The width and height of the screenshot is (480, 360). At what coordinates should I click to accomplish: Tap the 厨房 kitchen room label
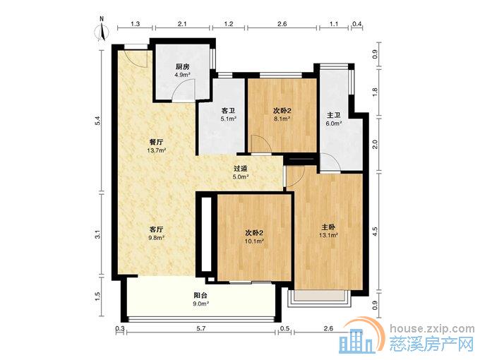point(182,66)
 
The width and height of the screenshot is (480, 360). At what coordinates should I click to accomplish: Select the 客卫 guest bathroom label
point(229,111)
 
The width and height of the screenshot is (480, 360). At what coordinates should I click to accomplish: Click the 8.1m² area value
point(282,118)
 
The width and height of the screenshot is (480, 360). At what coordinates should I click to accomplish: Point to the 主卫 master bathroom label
point(334,115)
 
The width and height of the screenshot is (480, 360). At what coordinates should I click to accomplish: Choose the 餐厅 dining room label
point(156,142)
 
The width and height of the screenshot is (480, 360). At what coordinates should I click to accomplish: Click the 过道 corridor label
point(240,169)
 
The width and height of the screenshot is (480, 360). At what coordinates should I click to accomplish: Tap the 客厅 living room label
point(156,229)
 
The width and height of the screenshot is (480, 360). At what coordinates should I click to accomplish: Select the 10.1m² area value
point(254,241)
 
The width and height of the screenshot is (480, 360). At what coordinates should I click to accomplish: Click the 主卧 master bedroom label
point(328,227)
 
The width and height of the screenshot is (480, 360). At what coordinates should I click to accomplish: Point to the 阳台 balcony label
point(200,296)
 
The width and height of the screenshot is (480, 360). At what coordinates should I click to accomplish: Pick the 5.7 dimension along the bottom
point(200,328)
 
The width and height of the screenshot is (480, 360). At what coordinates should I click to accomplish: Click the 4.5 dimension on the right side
point(376,232)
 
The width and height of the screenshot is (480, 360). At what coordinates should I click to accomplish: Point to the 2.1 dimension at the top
point(182,23)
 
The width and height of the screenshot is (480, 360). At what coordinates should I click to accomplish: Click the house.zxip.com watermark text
point(432,329)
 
